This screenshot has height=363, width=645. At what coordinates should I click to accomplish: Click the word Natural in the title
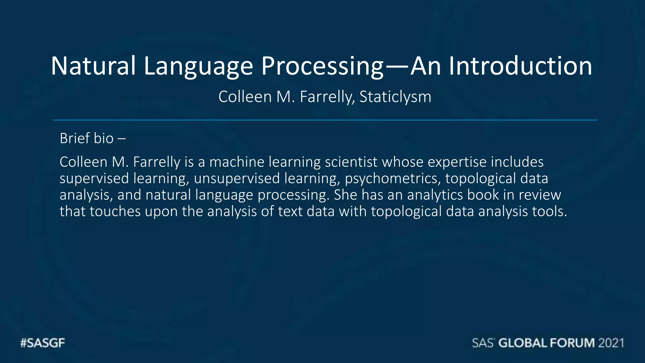93,66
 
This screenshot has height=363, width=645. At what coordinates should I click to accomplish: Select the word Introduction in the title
520,66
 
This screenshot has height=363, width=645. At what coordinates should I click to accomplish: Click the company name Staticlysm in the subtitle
395,97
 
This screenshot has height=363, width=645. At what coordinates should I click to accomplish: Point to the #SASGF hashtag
43,343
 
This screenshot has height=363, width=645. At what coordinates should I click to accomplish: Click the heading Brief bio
87,139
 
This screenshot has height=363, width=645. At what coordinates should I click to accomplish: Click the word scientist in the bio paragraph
351,162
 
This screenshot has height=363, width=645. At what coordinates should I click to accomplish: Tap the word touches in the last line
115,211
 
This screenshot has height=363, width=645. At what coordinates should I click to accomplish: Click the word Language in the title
198,66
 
